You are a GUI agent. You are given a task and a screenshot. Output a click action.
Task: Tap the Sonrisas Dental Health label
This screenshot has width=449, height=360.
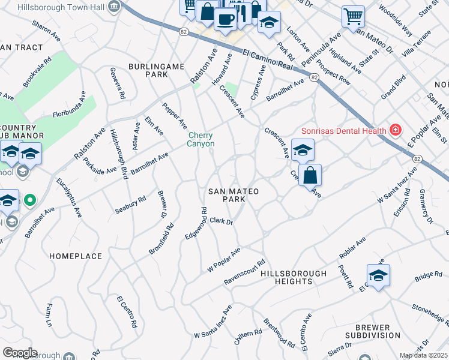[x=343, y=130]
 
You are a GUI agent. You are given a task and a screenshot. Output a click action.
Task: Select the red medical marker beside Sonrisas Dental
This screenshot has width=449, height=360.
[x=395, y=129]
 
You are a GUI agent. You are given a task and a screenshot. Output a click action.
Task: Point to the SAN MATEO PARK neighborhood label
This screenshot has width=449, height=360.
[x=234, y=194]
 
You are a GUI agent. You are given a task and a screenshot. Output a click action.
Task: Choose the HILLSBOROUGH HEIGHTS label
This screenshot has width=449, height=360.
[x=294, y=277]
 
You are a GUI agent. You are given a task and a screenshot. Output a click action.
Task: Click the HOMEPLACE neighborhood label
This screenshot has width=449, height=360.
[x=76, y=256]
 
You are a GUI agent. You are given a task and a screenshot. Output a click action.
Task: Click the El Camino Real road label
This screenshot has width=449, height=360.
[x=268, y=61]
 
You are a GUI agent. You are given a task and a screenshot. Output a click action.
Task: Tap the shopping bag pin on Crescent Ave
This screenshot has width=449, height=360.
[x=310, y=175]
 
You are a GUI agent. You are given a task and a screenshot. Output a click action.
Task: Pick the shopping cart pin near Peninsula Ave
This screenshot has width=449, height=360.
[x=353, y=16]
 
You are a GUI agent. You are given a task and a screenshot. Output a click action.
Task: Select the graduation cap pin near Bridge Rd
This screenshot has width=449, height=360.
[x=378, y=275]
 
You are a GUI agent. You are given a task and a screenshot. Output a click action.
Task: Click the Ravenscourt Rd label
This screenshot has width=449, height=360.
[x=244, y=272]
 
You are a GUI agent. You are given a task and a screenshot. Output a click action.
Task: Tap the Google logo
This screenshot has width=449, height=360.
[x=20, y=353]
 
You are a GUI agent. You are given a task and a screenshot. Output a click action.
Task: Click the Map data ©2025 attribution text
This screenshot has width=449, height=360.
[x=424, y=355]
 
